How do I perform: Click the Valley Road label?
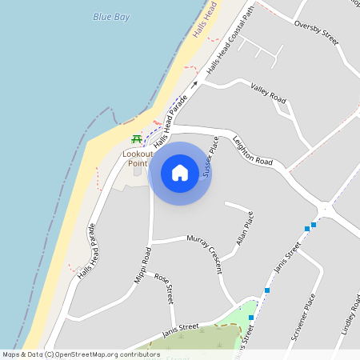[x=268, y=93]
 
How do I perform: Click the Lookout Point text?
[x=138, y=158]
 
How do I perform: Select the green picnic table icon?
[x=138, y=140]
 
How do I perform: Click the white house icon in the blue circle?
[x=180, y=174]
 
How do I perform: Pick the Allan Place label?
[x=246, y=230]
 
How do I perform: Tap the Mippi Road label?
[x=142, y=264]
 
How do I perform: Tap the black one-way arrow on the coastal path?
[x=194, y=82]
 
